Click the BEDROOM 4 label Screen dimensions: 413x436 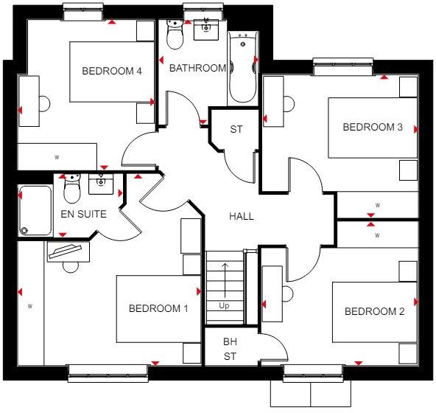point(111,71)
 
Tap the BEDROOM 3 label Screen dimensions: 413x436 point(373,127)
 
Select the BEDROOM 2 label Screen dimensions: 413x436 point(375,311)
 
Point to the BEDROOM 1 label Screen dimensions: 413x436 point(158,308)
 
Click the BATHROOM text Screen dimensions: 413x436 point(197,68)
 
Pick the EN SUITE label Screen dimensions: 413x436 point(83,215)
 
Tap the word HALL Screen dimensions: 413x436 point(241,216)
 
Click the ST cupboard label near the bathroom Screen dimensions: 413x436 point(236,130)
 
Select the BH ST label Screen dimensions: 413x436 point(231,350)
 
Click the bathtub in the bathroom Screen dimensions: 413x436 point(242,68)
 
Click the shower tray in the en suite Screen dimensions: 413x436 point(35,210)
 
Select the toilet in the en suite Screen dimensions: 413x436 point(72,190)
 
